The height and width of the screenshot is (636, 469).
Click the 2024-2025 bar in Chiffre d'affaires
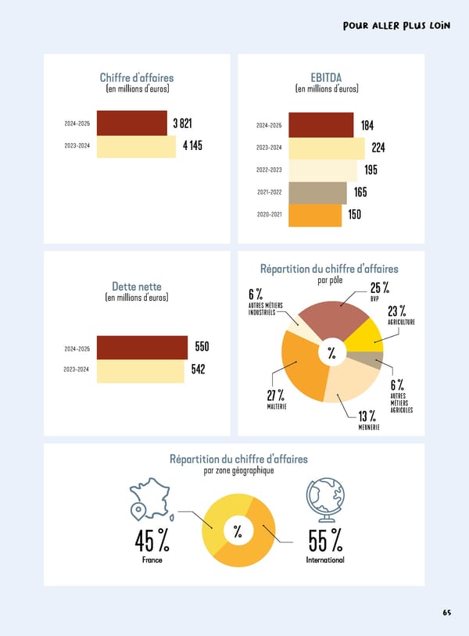(x=133, y=124)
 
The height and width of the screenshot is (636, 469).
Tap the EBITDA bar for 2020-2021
(x=315, y=215)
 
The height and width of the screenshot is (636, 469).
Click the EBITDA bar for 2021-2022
(x=317, y=192)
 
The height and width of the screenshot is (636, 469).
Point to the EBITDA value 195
(x=371, y=170)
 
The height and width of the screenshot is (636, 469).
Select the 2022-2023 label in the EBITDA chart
(x=269, y=170)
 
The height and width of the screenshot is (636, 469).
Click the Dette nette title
(x=137, y=287)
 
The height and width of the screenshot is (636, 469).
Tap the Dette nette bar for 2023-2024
(x=140, y=370)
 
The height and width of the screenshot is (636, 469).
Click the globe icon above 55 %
(x=323, y=498)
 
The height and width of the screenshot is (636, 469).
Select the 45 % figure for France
(x=152, y=539)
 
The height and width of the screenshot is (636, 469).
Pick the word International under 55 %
(x=325, y=560)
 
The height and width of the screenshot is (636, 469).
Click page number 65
(x=446, y=612)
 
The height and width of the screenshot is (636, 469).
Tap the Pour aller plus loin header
(x=396, y=25)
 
